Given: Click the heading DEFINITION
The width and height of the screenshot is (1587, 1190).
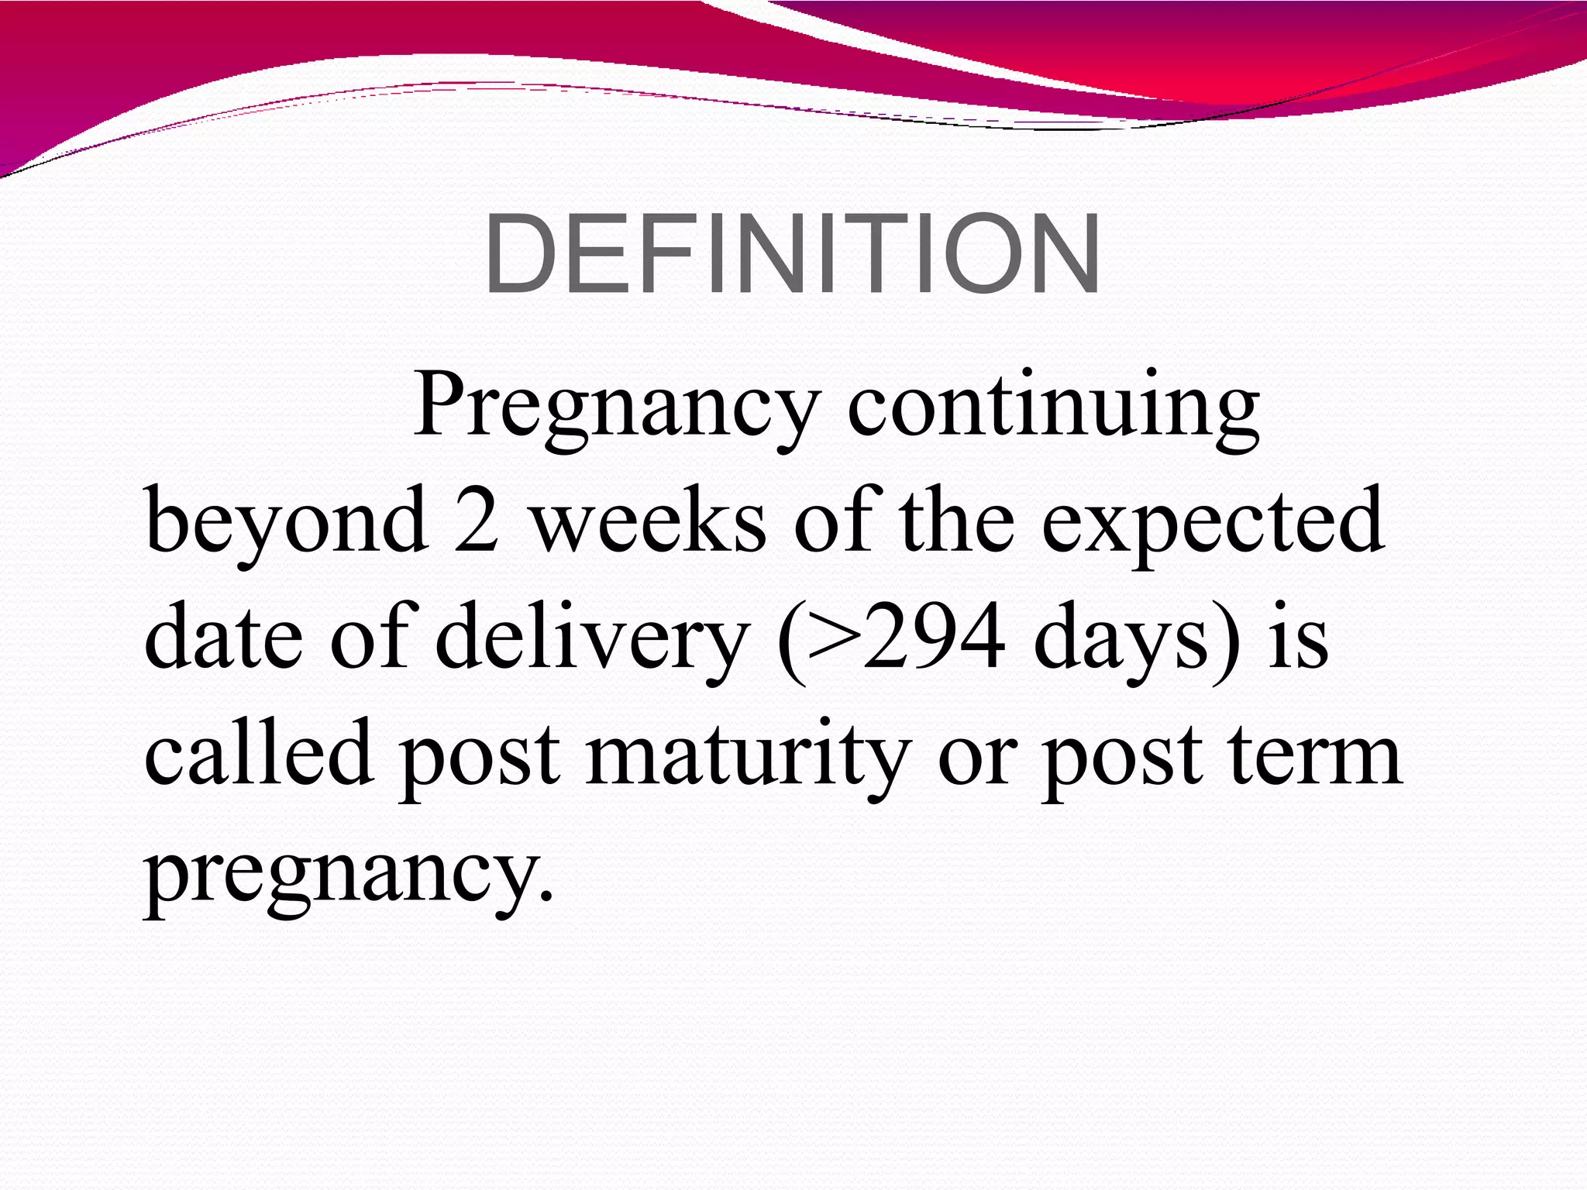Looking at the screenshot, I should [792, 254].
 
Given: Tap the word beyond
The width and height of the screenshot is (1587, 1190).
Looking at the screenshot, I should [287, 521].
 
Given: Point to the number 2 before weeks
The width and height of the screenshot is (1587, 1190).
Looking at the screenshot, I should [476, 521].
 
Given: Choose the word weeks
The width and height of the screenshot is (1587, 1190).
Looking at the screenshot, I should [649, 521].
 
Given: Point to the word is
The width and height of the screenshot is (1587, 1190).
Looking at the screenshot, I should [1299, 637].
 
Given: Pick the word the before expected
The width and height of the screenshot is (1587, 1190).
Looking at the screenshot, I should [957, 521].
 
